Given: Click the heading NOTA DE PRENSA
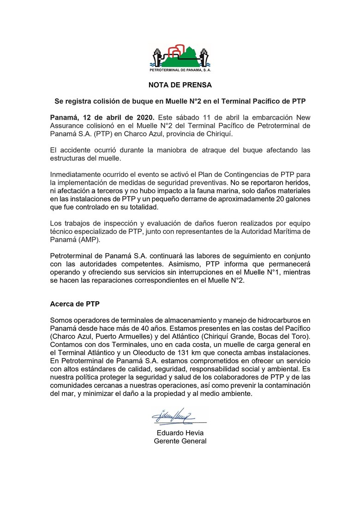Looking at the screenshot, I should [180, 85].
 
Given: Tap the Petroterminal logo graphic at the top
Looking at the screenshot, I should [180, 58].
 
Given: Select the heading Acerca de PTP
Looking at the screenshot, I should [75, 304].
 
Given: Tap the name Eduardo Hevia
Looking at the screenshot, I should [180, 433].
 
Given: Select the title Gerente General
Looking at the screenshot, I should [180, 441].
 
